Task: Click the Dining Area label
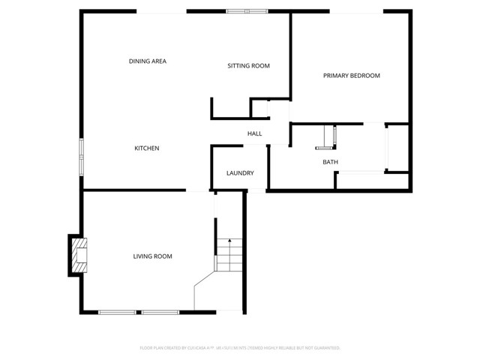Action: click(147, 61)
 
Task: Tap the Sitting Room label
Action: click(248, 66)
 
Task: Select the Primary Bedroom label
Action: click(351, 76)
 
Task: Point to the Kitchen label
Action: click(146, 148)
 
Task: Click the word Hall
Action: click(254, 134)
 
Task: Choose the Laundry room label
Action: click(240, 173)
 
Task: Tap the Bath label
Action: click(330, 162)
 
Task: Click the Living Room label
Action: click(152, 256)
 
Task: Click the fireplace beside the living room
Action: click(78, 255)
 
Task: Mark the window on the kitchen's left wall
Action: click(82, 157)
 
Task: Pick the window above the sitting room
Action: click(247, 11)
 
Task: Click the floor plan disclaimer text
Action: click(240, 348)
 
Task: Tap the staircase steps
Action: click(229, 255)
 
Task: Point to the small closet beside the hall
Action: click(259, 108)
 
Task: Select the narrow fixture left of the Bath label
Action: click(330, 138)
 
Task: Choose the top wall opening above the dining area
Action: click(161, 11)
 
